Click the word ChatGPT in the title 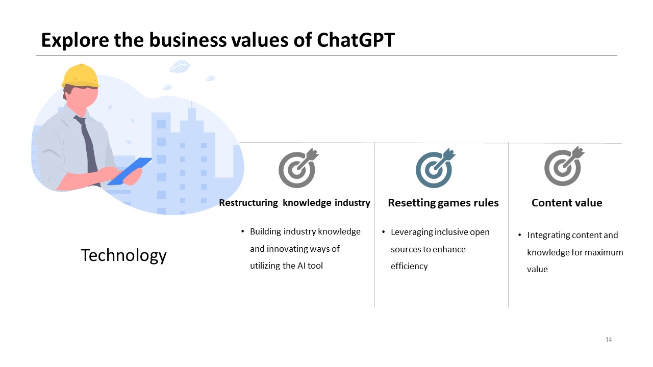click(356, 40)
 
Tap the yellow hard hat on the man click(80, 76)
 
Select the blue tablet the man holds click(130, 171)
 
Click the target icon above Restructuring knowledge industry click(297, 168)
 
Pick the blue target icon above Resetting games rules click(435, 168)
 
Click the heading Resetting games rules click(443, 203)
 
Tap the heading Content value click(567, 203)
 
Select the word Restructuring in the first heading click(248, 203)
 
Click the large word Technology click(123, 255)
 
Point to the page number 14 click(609, 340)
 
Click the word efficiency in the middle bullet click(409, 266)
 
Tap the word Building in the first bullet click(265, 231)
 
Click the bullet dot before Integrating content click(519, 235)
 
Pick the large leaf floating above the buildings click(180, 66)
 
